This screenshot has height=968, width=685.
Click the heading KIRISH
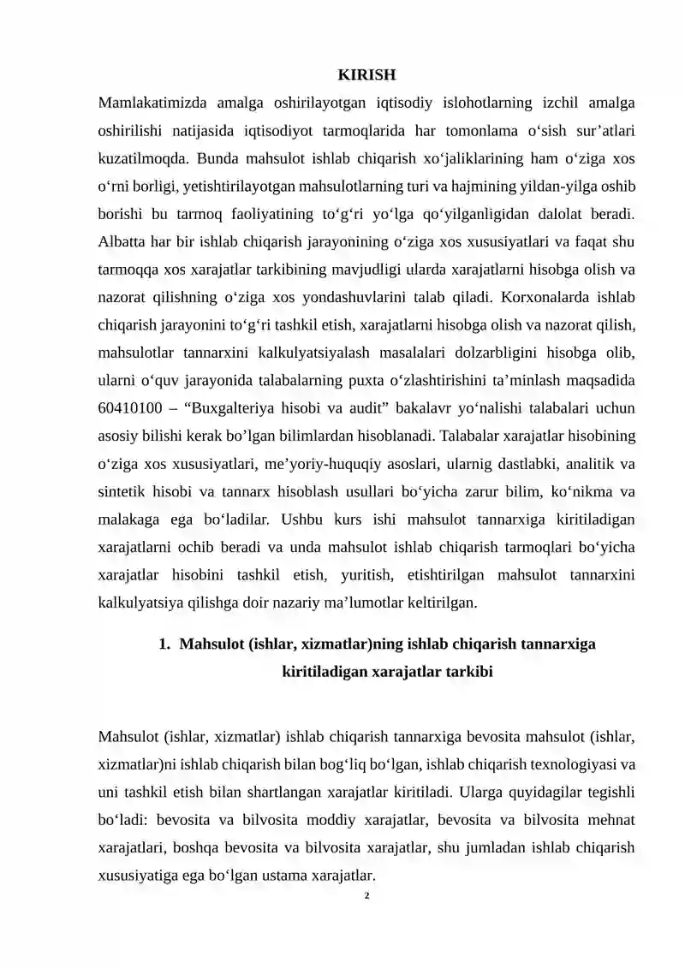[366, 75]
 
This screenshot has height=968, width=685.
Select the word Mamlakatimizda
[148, 104]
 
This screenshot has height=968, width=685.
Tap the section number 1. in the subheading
[165, 644]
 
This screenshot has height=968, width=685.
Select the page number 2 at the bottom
[366, 896]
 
